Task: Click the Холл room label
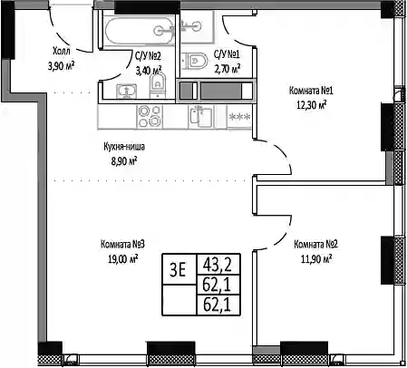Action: coord(62,51)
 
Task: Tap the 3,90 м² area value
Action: coord(61,65)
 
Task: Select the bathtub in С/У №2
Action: coord(139,30)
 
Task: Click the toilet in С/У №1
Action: coord(196,61)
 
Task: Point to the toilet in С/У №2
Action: coord(158,85)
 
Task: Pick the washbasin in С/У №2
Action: coord(127,91)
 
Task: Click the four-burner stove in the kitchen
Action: coord(149,116)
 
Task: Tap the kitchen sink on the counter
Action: coord(201,117)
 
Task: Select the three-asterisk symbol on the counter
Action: coord(239,116)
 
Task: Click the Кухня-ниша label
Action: coord(124,147)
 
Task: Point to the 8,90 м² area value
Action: coord(124,161)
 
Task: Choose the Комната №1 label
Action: coord(311,91)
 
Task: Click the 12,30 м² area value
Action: coord(312,105)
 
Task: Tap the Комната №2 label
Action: coord(315,244)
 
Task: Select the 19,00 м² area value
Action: coord(123,259)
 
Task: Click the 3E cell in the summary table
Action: coord(178,269)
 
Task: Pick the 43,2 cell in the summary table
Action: coord(218,265)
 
